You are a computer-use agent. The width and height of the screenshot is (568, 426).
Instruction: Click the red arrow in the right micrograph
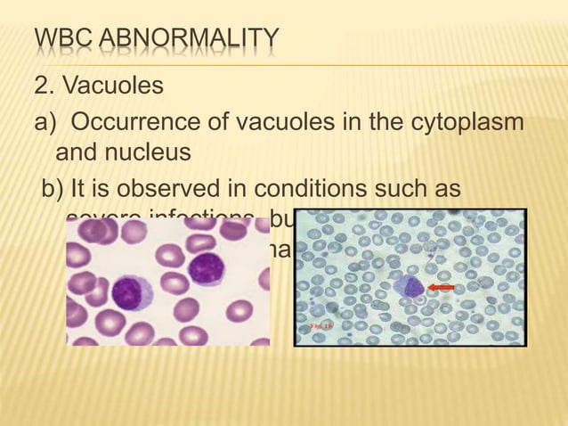(442, 287)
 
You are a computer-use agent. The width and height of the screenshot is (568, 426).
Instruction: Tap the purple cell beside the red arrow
(410, 286)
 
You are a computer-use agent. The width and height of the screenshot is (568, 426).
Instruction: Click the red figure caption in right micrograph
(321, 327)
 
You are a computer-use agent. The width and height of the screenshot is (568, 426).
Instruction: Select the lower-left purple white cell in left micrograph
(128, 291)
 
